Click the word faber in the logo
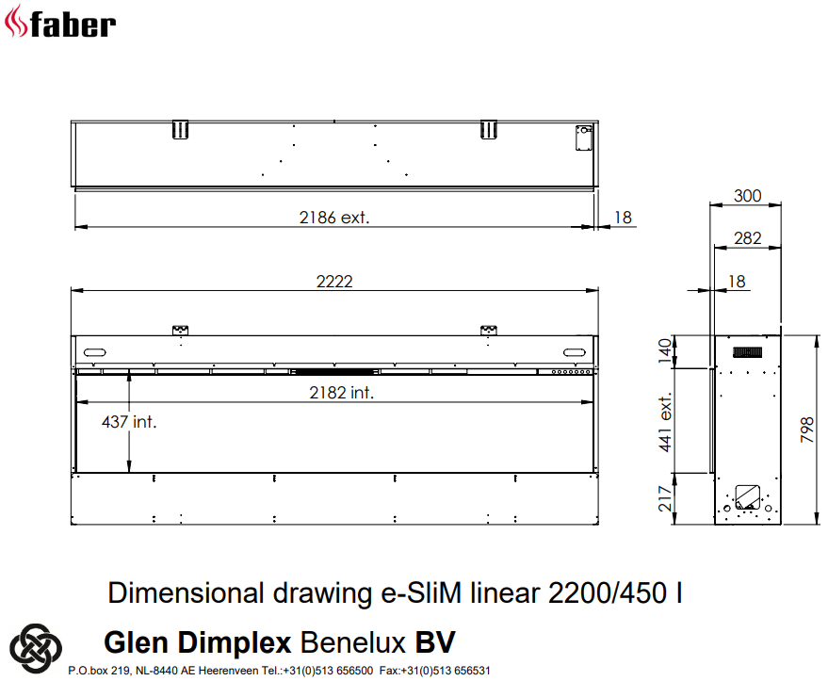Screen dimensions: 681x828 pos(74,23)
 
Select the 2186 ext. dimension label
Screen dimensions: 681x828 pos(334,218)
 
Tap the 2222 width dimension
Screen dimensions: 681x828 pos(335,282)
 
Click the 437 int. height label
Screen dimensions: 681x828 pos(129,422)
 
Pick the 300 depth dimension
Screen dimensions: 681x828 pos(747,196)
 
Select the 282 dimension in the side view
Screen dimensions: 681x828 pos(747,239)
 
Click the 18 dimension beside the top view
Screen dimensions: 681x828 pos(623,218)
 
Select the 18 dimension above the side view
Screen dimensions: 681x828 pos(737,281)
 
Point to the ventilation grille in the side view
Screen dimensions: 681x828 pos(749,352)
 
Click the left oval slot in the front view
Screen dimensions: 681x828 pos(95,352)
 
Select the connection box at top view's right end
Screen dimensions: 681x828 pos(582,137)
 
